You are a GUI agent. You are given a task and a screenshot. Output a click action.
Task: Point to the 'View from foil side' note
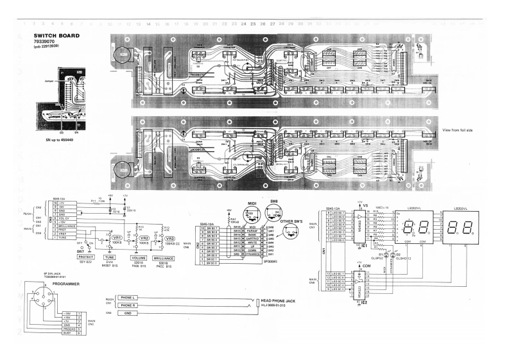tap(456, 130)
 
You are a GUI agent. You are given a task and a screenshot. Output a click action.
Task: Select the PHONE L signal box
tap(128, 298)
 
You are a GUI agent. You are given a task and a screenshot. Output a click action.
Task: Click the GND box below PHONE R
tap(128, 314)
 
